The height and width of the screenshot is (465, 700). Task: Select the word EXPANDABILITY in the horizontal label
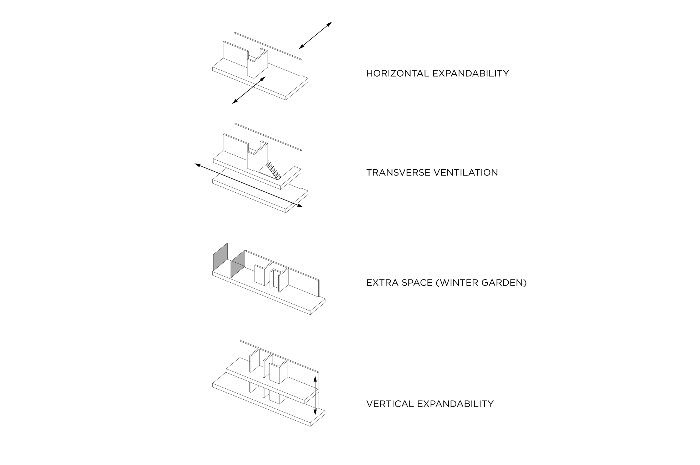471,73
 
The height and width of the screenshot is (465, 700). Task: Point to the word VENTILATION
466,172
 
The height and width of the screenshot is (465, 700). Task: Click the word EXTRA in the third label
382,283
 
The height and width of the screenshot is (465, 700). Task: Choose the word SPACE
417,283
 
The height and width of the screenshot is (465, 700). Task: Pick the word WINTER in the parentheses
458,283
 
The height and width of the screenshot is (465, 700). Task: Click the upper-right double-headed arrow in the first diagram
315,35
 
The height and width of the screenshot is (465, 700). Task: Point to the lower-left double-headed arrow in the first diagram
249,90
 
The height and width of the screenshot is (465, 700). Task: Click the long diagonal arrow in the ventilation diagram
249,185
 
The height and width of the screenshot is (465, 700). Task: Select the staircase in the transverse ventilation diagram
273,170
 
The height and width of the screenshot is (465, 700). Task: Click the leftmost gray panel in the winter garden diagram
220,257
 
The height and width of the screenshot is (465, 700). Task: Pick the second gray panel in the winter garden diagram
238,264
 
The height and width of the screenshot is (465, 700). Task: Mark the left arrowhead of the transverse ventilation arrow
197,165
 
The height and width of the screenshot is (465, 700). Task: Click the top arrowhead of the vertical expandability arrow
315,379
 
